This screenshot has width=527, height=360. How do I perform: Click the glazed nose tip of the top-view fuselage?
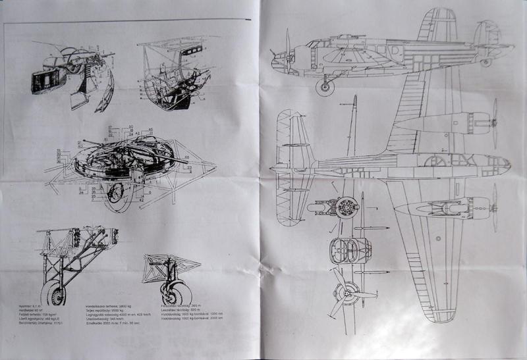tap(505, 163)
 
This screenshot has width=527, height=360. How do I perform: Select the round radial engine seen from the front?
tap(347, 208)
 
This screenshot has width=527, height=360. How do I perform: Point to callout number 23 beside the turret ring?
tap(190, 168)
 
